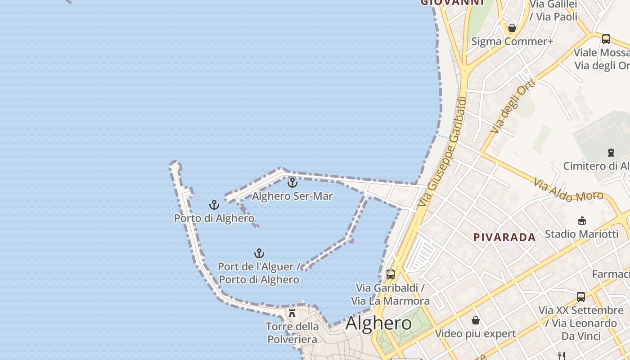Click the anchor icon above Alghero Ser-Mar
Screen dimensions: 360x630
(x=292, y=183)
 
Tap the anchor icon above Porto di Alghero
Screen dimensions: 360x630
(x=214, y=205)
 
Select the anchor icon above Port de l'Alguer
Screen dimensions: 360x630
(x=259, y=253)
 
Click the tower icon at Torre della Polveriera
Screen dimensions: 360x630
(x=292, y=313)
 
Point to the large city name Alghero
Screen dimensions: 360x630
(x=378, y=323)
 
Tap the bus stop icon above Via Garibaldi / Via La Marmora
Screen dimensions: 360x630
(x=390, y=274)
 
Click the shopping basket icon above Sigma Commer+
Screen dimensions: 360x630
(x=512, y=28)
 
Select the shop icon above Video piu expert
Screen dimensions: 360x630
(x=475, y=320)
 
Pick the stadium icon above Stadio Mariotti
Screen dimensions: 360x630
(x=581, y=220)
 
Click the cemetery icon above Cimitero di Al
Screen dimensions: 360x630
(x=611, y=153)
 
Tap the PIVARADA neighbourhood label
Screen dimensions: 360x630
(x=504, y=237)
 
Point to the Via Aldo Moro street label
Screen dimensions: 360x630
(x=568, y=190)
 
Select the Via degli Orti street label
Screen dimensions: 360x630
(x=513, y=106)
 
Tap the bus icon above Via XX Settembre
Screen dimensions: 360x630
(x=580, y=297)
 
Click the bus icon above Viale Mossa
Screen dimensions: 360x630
(x=606, y=39)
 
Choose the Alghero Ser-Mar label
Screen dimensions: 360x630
(x=292, y=196)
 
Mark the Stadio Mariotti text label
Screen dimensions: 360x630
(x=581, y=234)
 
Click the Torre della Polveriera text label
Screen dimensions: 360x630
(x=292, y=333)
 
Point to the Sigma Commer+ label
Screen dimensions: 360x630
(x=512, y=41)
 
